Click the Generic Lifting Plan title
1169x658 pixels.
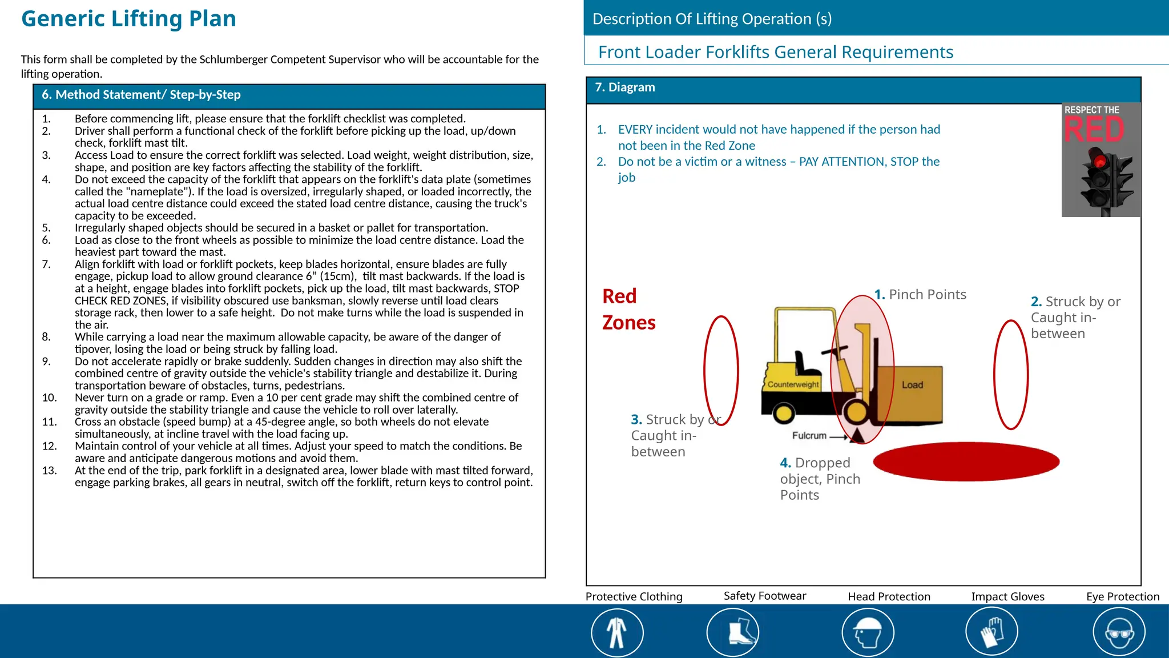tap(128, 19)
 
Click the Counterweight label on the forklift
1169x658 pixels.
tap(793, 384)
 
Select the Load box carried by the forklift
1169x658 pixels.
tap(912, 394)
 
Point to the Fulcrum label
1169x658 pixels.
tap(809, 436)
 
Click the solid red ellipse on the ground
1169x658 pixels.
tap(966, 461)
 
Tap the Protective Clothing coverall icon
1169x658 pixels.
tap(617, 633)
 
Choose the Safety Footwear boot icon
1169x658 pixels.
tap(733, 633)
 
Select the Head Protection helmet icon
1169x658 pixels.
tap(868, 633)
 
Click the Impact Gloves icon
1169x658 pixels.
tap(991, 633)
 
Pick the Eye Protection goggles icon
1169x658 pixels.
tap(1119, 633)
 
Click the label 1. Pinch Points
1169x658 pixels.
tap(920, 295)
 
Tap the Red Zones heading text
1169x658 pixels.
tap(628, 309)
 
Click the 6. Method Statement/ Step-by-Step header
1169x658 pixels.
tap(141, 95)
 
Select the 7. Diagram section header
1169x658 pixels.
tap(625, 87)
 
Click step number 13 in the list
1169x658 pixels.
tap(49, 471)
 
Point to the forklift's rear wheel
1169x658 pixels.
tap(783, 413)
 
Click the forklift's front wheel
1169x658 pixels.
tap(856, 412)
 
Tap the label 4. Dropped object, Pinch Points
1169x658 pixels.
tap(820, 479)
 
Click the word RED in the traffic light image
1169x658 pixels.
tap(1094, 130)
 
